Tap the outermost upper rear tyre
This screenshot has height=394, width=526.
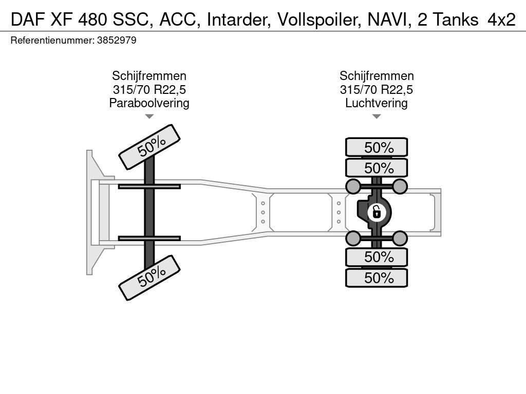[x=377, y=147]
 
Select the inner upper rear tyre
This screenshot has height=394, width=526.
[x=377, y=168]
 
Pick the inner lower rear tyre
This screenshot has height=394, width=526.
[x=377, y=257]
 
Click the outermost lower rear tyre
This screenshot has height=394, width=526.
[x=377, y=278]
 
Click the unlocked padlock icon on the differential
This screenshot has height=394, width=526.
[x=377, y=211]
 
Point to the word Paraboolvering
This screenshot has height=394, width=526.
[x=149, y=103]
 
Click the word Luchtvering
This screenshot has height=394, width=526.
[x=377, y=103]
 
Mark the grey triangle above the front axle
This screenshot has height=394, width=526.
[x=149, y=116]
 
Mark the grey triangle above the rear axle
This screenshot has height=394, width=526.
[x=377, y=116]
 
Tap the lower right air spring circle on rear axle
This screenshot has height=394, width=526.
[x=400, y=238]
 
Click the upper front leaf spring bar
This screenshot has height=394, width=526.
[x=149, y=186]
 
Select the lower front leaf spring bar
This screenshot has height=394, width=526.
[x=149, y=238]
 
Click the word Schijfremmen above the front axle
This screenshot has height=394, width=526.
[x=149, y=76]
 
